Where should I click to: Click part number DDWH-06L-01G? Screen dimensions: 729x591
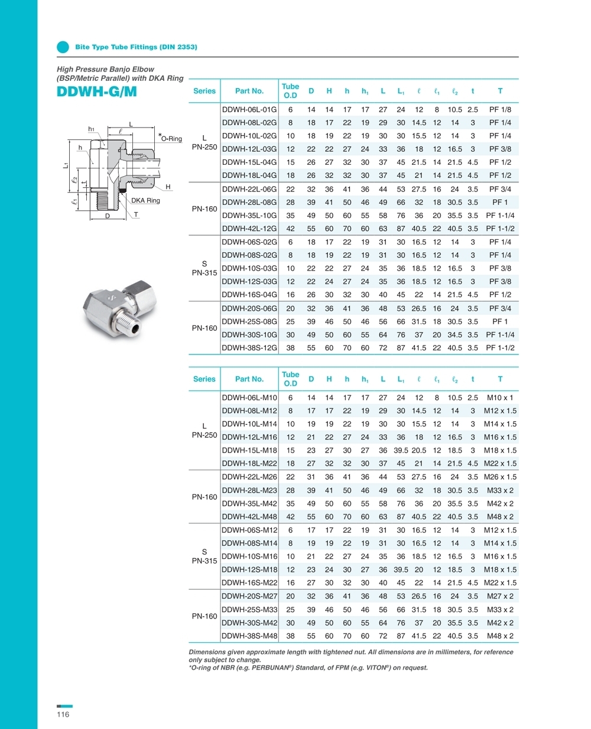tap(249, 109)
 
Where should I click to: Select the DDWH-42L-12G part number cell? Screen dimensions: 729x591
tap(249, 229)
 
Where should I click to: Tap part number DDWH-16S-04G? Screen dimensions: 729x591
tap(249, 295)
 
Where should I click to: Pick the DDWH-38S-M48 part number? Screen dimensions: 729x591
tap(249, 636)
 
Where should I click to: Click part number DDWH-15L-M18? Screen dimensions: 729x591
tap(249, 450)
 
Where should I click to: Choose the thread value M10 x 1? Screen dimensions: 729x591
tap(500, 398)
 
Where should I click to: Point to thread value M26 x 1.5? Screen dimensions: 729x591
tap(500, 477)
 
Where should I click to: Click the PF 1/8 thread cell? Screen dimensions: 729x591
tap(500, 109)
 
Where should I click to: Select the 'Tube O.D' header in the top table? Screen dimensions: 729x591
tap(290, 91)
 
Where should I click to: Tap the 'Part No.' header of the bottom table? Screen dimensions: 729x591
tap(249, 379)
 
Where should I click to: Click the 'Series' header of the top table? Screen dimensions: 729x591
tap(204, 91)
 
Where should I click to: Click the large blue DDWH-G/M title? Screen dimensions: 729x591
tap(96, 92)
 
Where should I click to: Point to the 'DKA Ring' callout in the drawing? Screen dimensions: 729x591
tap(145, 201)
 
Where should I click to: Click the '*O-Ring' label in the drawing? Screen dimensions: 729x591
tap(171, 139)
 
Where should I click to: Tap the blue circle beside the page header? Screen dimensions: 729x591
tap(63, 47)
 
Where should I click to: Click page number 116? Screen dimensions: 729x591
tap(63, 714)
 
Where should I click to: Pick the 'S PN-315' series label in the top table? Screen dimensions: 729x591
tap(204, 268)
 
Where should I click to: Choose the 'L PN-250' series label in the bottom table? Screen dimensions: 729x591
tap(204, 431)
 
